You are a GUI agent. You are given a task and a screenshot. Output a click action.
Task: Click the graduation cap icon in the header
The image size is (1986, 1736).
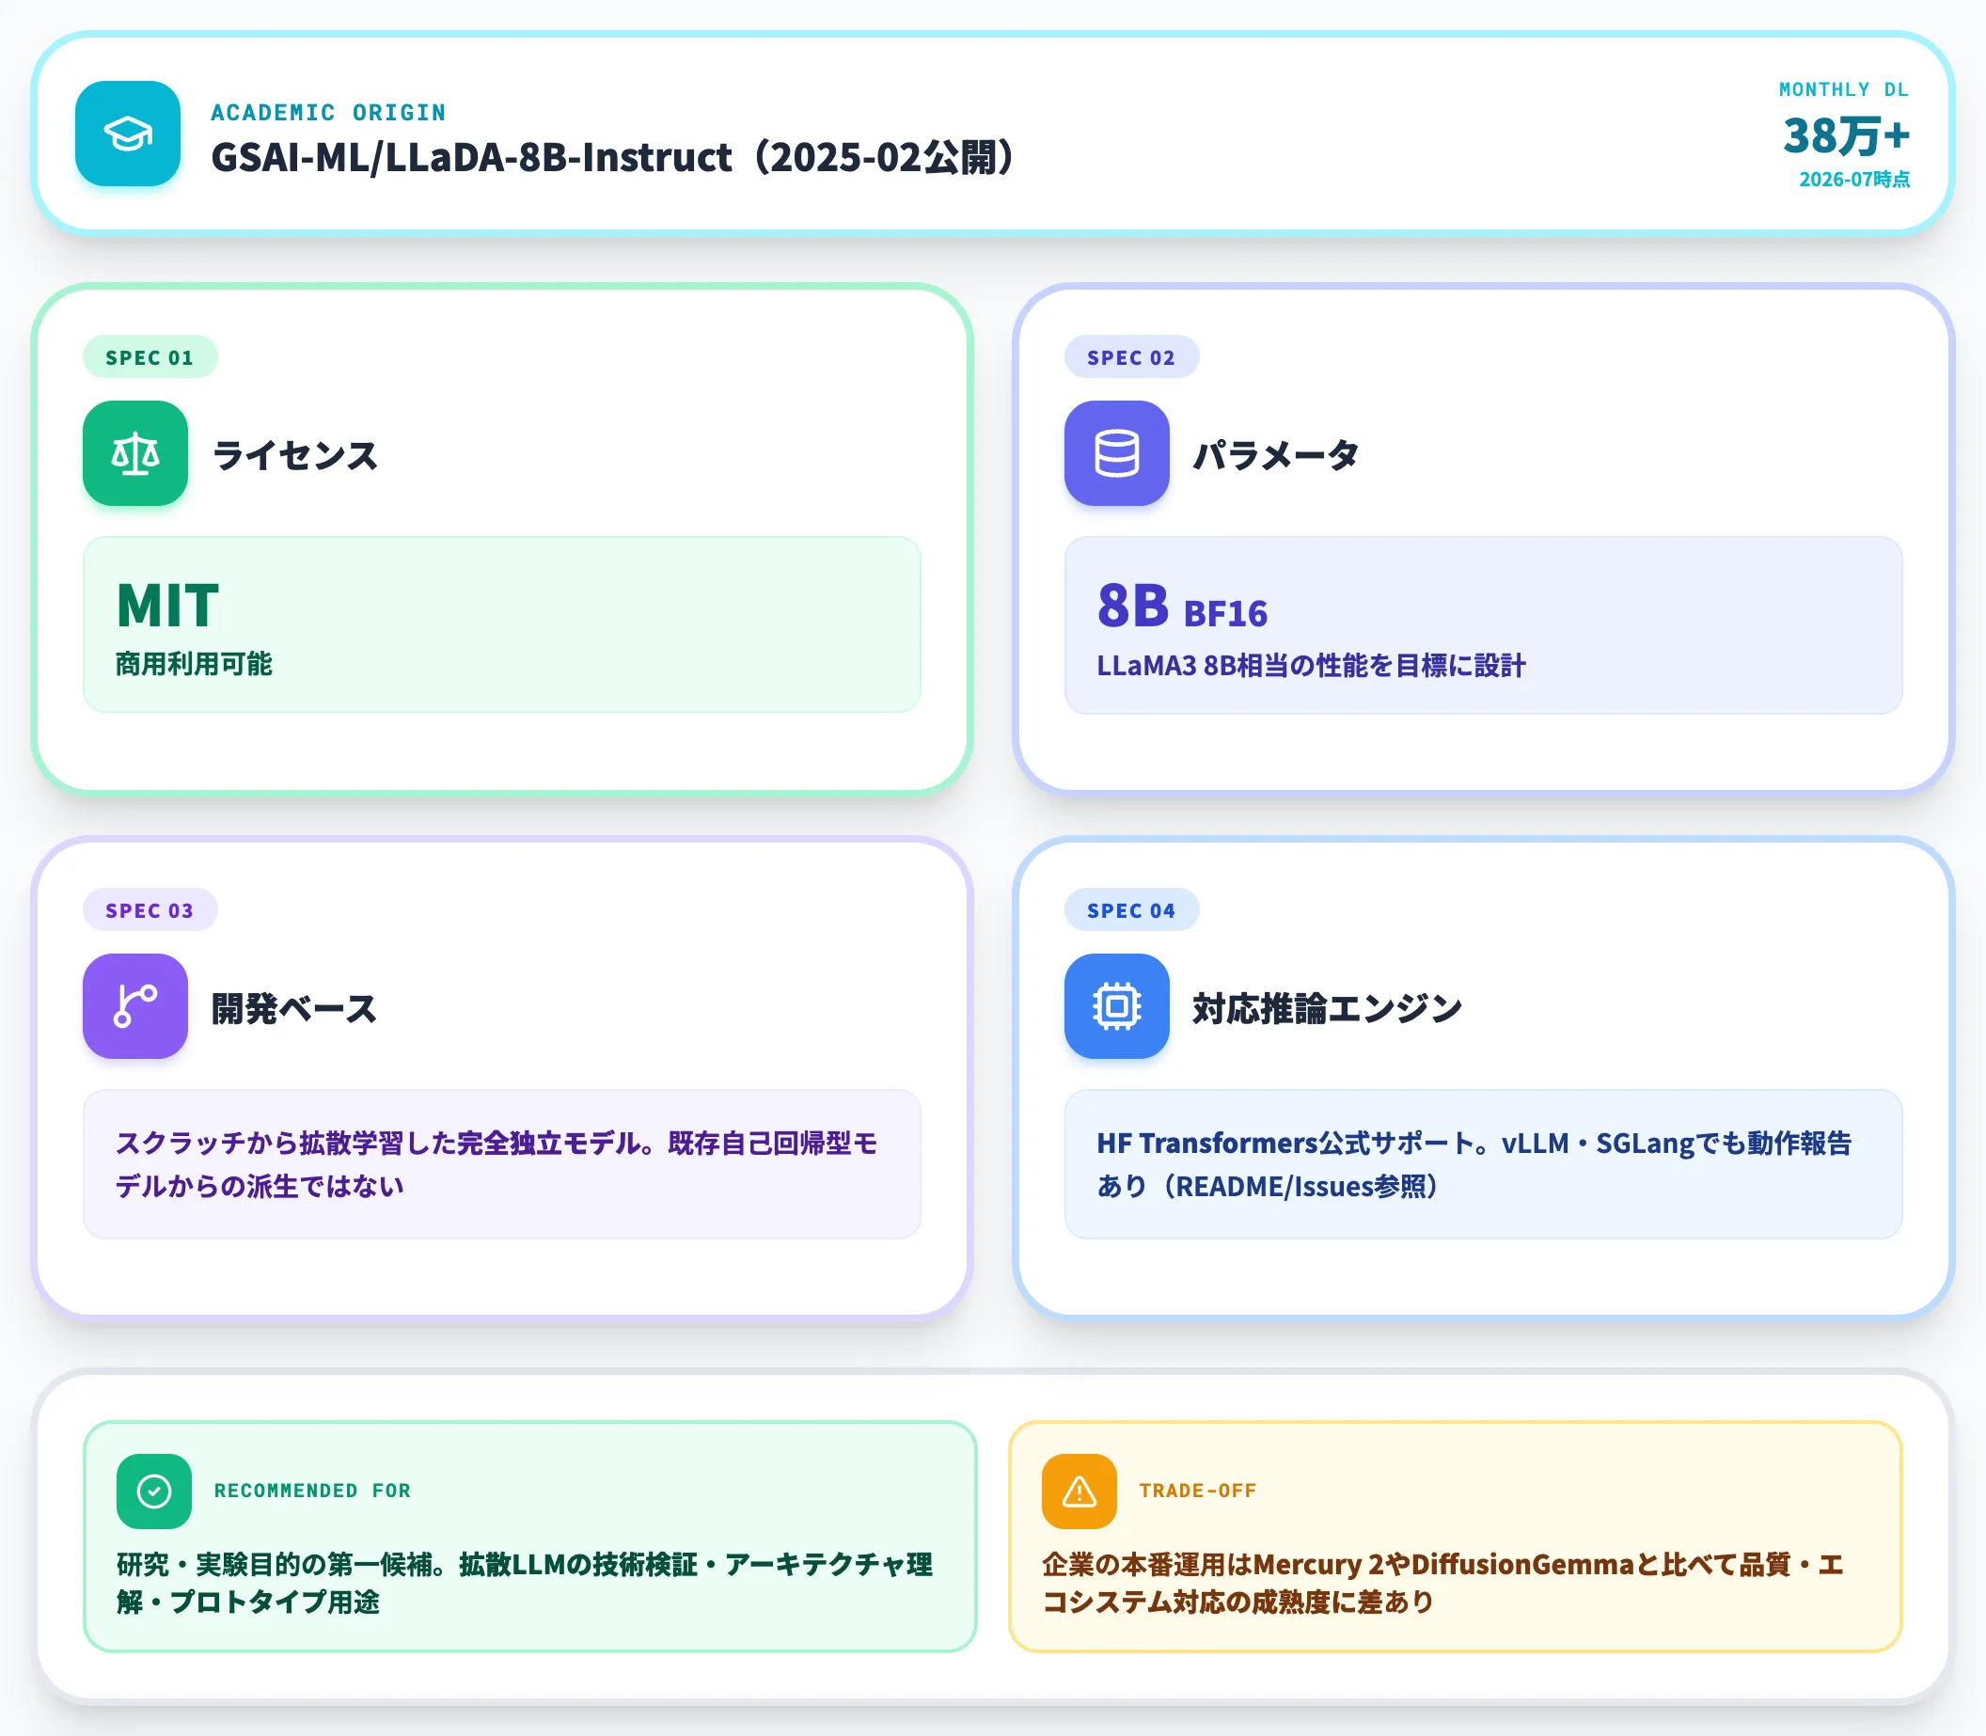pos(128,134)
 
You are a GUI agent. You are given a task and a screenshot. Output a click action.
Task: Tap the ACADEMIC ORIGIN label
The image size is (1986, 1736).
pos(328,112)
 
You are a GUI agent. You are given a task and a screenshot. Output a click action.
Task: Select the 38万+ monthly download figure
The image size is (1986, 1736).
pos(1846,135)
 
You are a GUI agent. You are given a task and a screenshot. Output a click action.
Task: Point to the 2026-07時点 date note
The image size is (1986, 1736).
pos(1854,180)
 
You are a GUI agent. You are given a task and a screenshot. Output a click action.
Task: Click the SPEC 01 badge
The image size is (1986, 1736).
pos(150,357)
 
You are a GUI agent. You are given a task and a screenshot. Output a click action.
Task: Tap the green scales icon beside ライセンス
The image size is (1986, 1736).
pos(135,453)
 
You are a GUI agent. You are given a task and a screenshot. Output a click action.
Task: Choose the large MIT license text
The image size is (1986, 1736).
pos(167,606)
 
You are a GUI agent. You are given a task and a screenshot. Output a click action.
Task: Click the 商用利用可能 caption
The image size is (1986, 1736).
pos(194,665)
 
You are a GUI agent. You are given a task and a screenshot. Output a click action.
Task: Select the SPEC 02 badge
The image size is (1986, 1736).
pos(1131,357)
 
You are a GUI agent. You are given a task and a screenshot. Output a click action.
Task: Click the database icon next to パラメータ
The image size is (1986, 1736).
pos(1117,453)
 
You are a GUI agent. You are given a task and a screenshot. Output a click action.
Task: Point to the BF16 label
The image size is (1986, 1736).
pos(1225,614)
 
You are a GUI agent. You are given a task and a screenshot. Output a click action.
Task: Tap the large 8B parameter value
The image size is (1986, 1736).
pos(1132,606)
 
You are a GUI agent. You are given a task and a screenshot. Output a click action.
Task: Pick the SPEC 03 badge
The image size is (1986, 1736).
pos(150,910)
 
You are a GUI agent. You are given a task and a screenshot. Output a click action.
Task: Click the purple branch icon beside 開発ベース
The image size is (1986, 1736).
pos(135,1006)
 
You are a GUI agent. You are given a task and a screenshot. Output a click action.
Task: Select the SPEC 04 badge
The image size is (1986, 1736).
pos(1131,910)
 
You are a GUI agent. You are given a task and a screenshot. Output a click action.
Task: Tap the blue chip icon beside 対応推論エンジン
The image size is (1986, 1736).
pos(1117,1006)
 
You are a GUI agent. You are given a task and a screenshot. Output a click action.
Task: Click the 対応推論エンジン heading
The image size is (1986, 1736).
pos(1327,1008)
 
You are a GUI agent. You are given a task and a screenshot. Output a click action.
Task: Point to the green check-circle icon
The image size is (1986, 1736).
pos(154,1491)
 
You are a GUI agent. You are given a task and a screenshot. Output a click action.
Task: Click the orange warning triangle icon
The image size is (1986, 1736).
pos(1080,1491)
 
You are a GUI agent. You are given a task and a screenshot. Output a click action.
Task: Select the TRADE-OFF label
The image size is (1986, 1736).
pos(1197,1491)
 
